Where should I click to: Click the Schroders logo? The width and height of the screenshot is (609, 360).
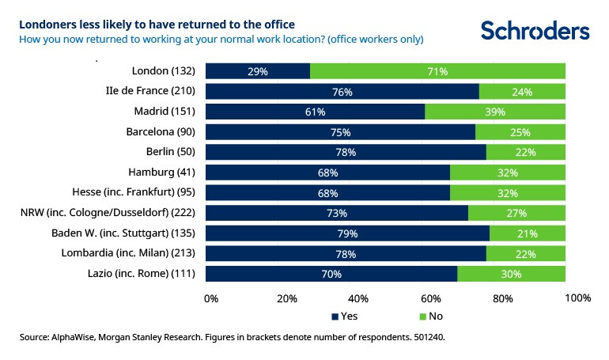tap(535, 30)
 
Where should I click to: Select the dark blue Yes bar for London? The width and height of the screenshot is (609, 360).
tap(258, 71)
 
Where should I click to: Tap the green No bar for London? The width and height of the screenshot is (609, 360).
tap(437, 71)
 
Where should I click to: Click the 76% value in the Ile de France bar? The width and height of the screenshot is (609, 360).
tap(342, 91)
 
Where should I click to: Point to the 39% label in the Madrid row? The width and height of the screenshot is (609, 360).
tap(495, 112)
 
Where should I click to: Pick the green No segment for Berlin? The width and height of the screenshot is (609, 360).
tap(526, 152)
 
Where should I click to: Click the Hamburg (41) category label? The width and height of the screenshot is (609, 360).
tap(161, 172)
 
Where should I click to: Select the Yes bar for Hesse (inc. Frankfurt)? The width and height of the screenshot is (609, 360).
tap(327, 192)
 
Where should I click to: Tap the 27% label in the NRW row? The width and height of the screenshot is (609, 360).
tap(516, 213)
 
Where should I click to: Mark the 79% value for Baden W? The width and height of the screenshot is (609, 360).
tap(347, 233)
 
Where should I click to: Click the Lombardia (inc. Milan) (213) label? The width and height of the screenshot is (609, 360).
tap(129, 253)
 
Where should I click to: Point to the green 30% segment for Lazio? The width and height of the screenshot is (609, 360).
tap(511, 274)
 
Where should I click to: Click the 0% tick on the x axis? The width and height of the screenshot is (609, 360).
tap(211, 298)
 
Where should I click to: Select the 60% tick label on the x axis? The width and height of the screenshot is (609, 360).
tap(430, 298)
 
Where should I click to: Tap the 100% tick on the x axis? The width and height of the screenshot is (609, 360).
tap(579, 298)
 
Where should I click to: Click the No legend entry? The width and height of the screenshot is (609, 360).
tap(430, 316)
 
